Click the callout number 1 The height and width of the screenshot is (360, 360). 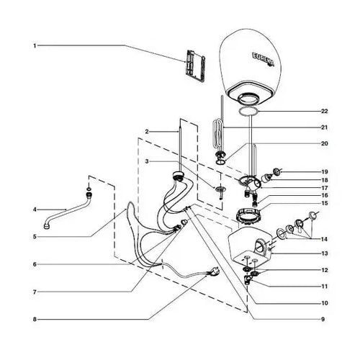click(35, 45)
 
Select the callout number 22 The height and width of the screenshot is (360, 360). click(324, 111)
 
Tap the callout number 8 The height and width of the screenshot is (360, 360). click(35, 320)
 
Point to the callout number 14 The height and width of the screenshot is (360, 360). click(324, 239)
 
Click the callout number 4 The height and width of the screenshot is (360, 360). click(35, 210)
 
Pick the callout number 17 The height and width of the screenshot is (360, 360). click(324, 188)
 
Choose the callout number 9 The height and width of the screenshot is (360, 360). click(323, 319)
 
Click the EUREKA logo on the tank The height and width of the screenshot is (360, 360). click(264, 59)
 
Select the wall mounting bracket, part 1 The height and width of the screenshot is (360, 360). click(195, 66)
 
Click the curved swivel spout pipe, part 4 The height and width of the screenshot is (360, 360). click(68, 211)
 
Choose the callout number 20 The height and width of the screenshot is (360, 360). click(324, 143)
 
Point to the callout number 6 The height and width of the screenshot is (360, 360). click(35, 264)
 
